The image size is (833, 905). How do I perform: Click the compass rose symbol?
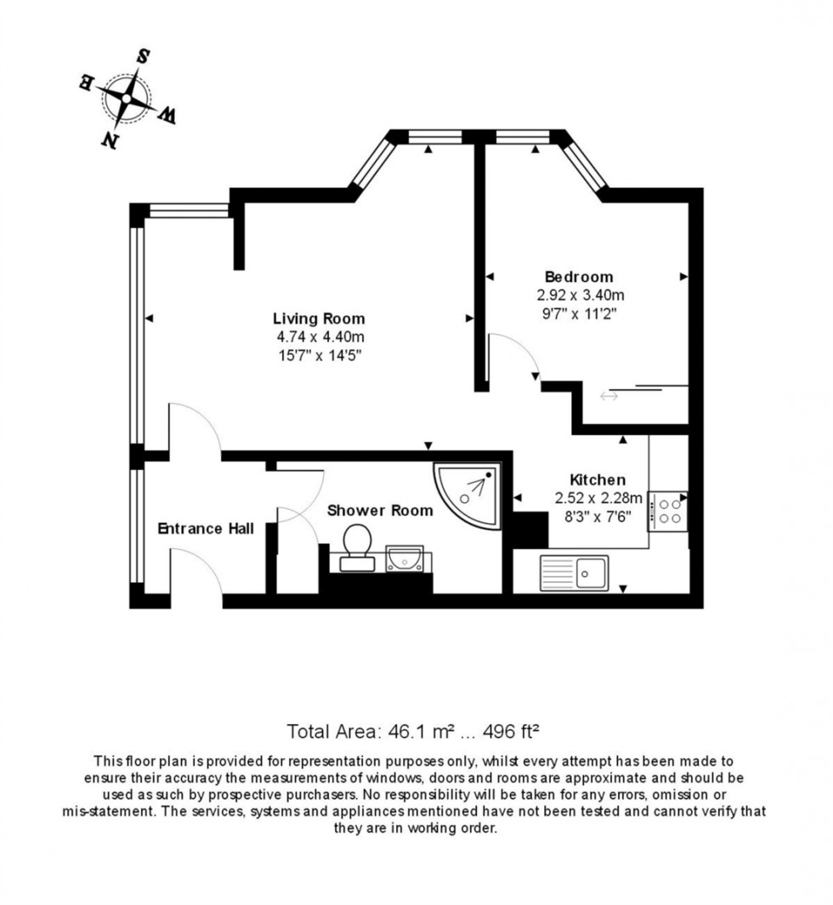[126, 99]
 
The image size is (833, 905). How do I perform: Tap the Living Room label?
[319, 319]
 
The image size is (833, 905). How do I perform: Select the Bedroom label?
[579, 276]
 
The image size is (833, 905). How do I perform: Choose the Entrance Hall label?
[206, 529]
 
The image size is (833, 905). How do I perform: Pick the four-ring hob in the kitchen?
[669, 510]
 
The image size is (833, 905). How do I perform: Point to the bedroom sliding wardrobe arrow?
[609, 396]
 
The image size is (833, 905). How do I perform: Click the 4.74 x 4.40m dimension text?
[319, 337]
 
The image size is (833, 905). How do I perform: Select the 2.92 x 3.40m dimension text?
[580, 295]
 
